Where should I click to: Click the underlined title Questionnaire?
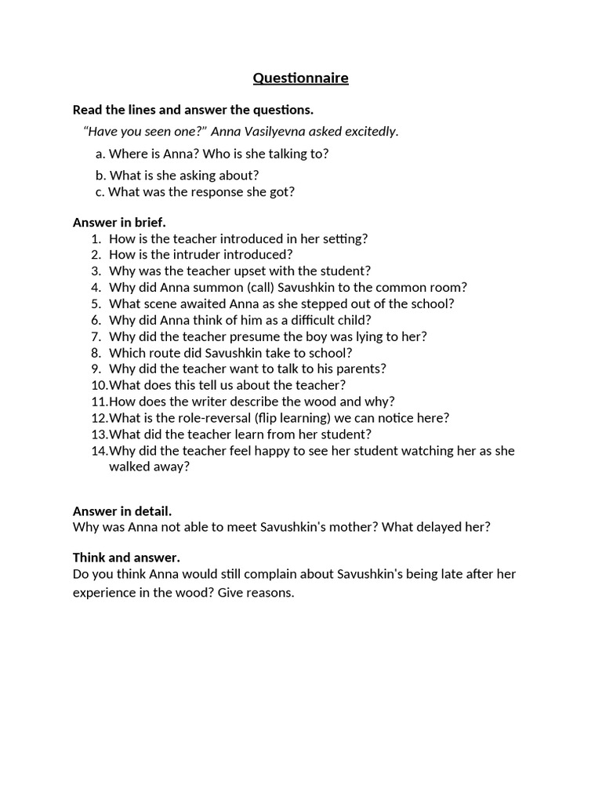(300, 78)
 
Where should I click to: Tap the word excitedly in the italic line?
(369, 131)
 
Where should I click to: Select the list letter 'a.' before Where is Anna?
(100, 154)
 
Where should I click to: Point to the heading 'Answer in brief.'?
(119, 222)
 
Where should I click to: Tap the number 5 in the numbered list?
(96, 303)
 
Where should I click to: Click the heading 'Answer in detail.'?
(122, 511)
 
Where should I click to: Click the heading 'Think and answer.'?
(126, 558)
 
